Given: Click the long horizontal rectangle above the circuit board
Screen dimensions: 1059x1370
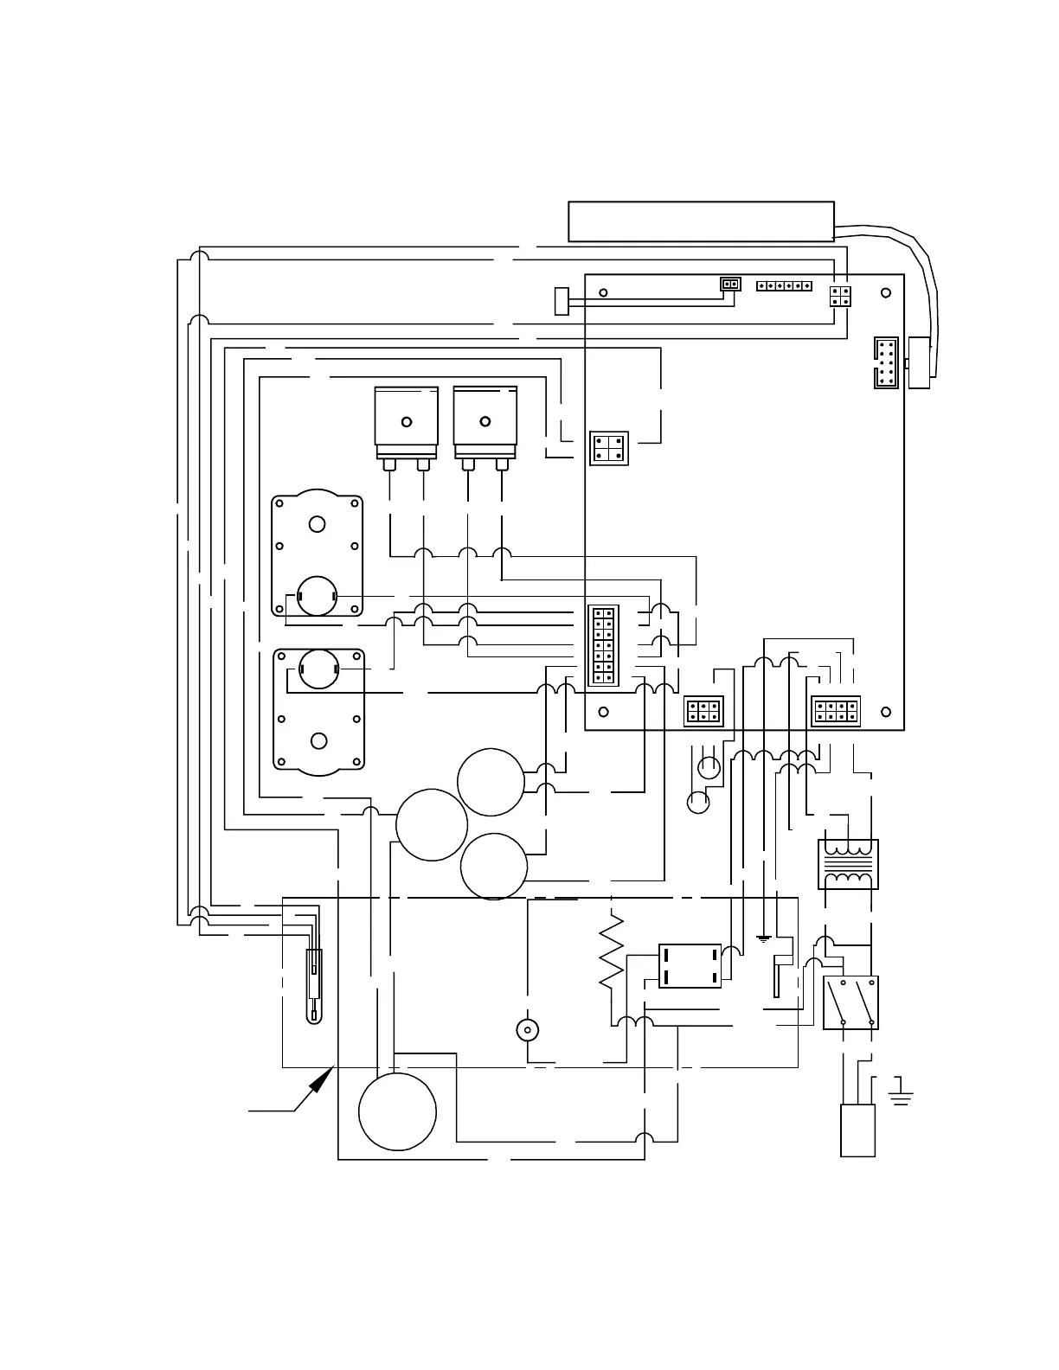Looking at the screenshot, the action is pos(701,221).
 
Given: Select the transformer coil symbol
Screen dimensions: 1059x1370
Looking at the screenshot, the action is pos(848,863).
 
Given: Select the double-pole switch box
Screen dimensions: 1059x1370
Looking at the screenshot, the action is pos(850,1002).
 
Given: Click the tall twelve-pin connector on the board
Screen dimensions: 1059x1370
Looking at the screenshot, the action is pos(603,646).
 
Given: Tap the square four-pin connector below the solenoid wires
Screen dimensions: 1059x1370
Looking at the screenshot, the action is pos(608,448).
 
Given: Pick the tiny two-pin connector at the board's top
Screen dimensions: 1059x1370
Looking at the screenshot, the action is pos(730,284).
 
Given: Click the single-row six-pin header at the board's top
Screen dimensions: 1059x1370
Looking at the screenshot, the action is pos(784,285).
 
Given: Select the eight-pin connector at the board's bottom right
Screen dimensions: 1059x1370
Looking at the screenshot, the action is pos(836,712).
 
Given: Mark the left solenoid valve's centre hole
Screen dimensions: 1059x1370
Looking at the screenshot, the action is pos(406,421).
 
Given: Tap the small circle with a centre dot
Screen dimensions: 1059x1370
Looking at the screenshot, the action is pos(527,1030).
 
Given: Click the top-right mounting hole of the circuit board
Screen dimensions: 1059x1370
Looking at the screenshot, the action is pos(885,292).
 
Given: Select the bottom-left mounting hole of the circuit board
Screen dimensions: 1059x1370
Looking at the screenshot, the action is pos(603,712).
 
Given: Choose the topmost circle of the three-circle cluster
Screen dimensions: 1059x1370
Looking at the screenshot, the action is pos(491,782).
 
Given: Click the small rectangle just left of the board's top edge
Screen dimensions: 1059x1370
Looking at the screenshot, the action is pos(562,301).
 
